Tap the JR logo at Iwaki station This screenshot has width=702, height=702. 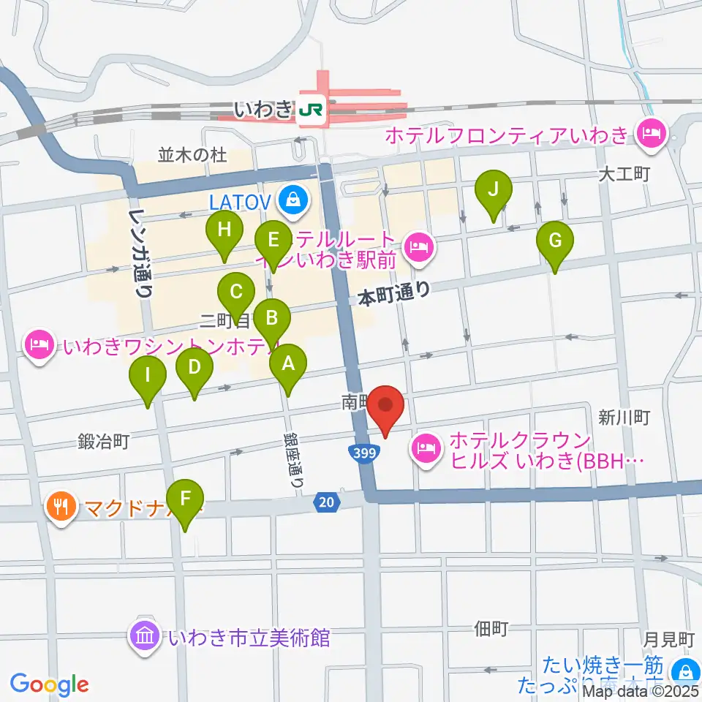[x=312, y=110]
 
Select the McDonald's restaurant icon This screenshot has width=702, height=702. [x=61, y=505]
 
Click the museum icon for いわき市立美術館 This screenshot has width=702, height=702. [x=145, y=636]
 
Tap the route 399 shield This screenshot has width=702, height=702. [x=363, y=453]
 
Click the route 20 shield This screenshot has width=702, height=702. [x=327, y=502]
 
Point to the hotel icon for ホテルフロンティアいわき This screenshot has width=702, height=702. [x=649, y=134]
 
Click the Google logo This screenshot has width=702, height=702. [x=49, y=684]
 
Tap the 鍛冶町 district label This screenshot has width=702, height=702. [x=105, y=442]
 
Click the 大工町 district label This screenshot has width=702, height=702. [x=624, y=175]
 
